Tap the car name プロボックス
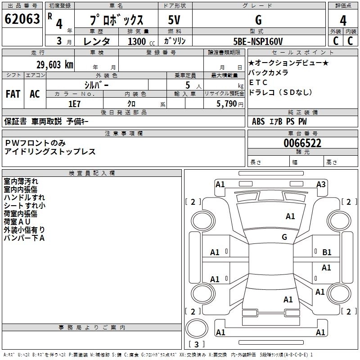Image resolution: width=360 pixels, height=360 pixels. click(x=117, y=20)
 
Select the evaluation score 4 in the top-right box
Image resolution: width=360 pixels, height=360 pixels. click(x=343, y=20)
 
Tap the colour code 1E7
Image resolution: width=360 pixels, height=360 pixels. click(x=75, y=103)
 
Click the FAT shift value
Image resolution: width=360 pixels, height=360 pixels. click(x=13, y=94)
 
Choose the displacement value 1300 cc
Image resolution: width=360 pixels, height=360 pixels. click(x=139, y=41)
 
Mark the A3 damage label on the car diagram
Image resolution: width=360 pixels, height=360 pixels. click(x=321, y=184)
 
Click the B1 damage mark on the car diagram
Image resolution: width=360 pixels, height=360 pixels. click(x=327, y=252)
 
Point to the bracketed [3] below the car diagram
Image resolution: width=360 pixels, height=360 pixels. click(x=196, y=345)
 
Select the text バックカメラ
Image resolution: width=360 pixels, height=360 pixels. click(x=268, y=72)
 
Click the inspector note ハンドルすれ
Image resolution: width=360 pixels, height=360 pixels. click(x=24, y=197)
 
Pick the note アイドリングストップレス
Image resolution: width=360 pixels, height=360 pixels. click(x=50, y=152)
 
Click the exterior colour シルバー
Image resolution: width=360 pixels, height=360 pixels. click(x=96, y=85)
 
